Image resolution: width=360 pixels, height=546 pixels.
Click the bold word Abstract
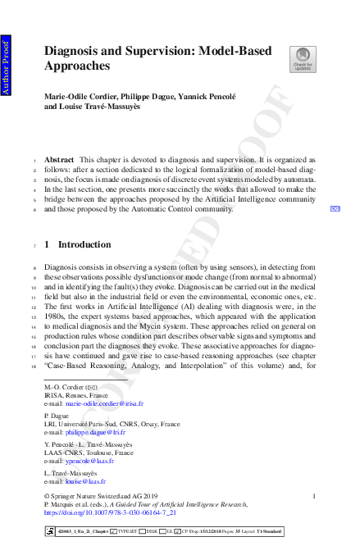[59, 159]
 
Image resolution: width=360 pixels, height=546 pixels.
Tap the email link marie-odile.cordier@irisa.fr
[104, 404]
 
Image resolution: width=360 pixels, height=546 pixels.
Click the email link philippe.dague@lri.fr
[100, 433]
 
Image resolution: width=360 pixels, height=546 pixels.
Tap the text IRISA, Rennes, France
[77, 394]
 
